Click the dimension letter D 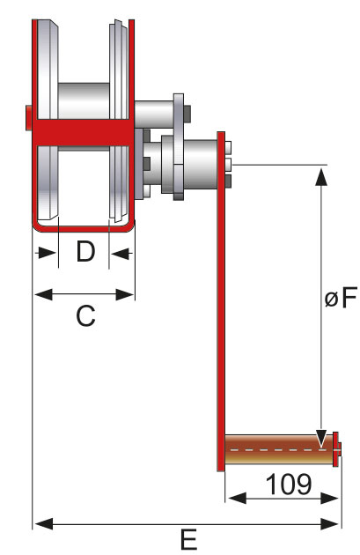point(84,253)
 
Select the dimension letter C point(84,315)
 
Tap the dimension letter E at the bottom point(187,540)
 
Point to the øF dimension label point(340,299)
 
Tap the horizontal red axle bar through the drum point(84,132)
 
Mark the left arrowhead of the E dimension point(40,525)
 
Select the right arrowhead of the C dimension point(129,294)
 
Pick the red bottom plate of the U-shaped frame point(84,227)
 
